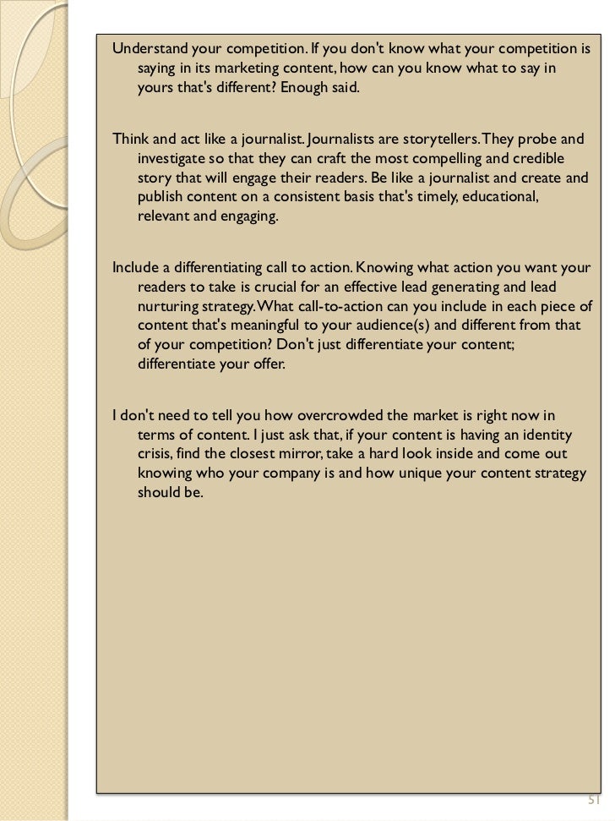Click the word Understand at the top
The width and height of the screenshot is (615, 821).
pyautogui.click(x=146, y=47)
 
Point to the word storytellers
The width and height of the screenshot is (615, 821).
pyautogui.click(x=445, y=138)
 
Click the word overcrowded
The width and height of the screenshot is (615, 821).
pyautogui.click(x=330, y=414)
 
